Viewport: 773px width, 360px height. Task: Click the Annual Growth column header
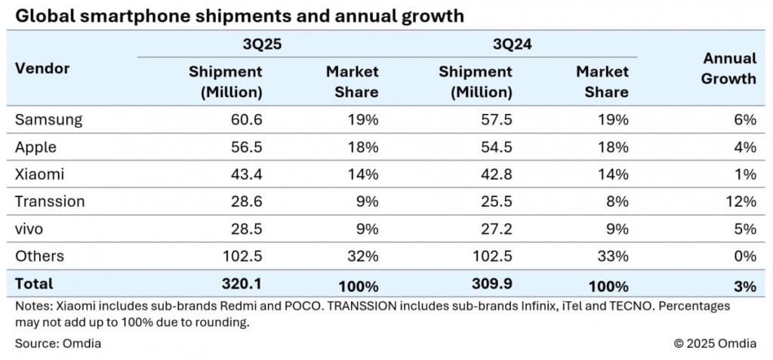click(728, 68)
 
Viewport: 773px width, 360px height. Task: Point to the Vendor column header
click(42, 68)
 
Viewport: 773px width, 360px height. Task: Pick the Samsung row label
click(48, 120)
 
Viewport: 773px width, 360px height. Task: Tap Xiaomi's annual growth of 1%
click(744, 174)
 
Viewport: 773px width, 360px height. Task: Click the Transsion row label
click(50, 202)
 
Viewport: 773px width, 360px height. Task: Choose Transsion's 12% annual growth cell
click(741, 202)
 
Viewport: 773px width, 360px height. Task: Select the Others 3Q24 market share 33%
click(613, 256)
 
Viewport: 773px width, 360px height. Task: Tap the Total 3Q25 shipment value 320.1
click(241, 285)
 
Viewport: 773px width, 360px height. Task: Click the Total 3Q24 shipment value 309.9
click(491, 285)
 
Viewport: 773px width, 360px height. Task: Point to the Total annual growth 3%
click(744, 285)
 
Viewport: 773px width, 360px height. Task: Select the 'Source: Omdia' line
click(58, 343)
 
